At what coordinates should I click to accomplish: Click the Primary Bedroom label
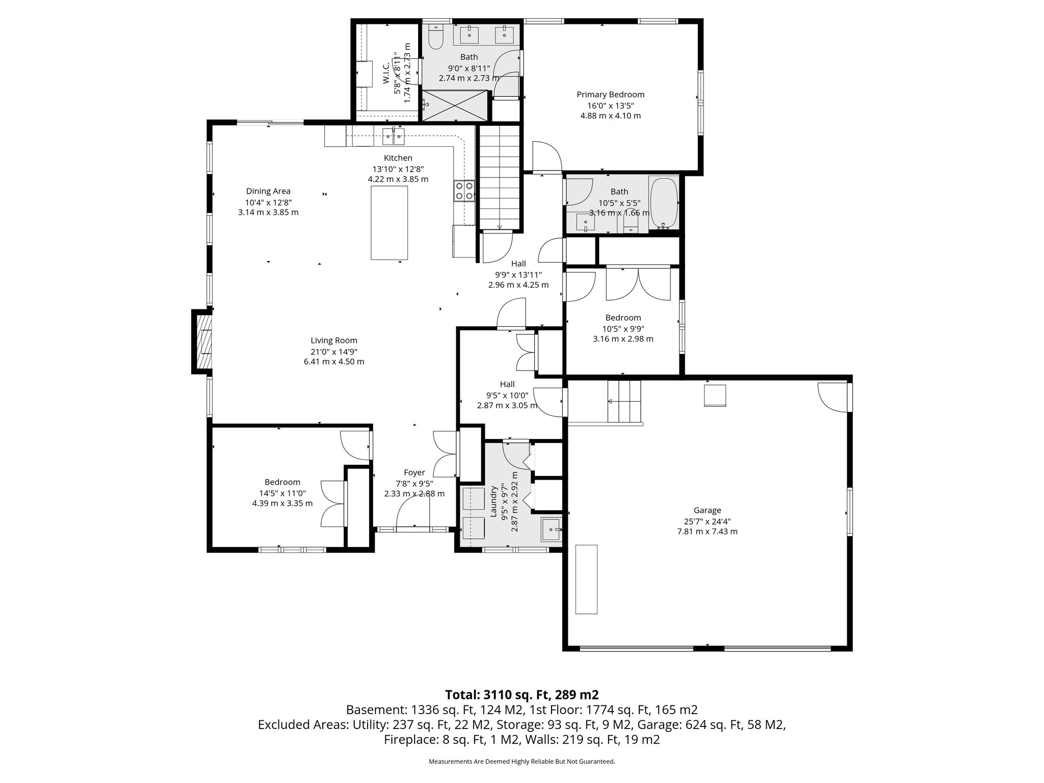click(x=610, y=94)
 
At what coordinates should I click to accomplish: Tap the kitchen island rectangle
click(x=389, y=223)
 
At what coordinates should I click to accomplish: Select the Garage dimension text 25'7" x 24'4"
click(x=707, y=521)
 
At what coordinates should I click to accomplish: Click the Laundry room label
click(x=493, y=502)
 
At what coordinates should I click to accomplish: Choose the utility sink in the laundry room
click(x=551, y=530)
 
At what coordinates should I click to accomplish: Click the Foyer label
click(x=414, y=473)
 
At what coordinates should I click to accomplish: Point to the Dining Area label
click(x=268, y=191)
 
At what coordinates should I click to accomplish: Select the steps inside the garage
click(x=623, y=402)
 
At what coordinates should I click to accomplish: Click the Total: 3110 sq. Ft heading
click(x=521, y=695)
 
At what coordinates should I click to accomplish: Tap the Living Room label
click(x=334, y=341)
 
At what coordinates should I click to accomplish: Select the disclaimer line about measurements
click(x=521, y=761)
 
